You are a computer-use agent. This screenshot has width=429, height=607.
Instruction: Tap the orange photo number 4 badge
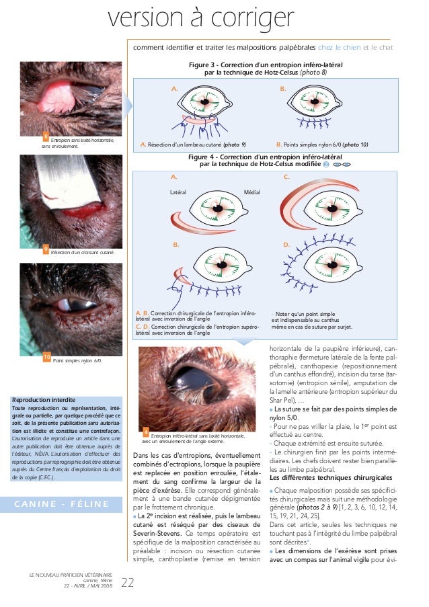coord(146,429)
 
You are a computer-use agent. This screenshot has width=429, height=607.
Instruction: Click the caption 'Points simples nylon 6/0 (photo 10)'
coord(322,144)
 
